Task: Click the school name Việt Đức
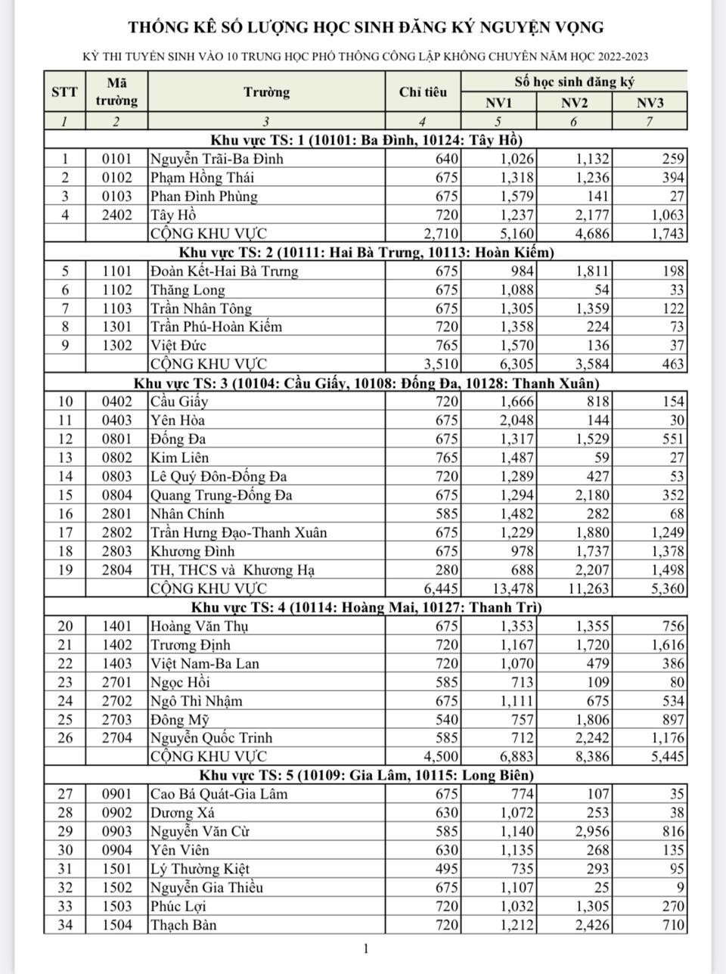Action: point(178,346)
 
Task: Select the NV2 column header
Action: point(574,103)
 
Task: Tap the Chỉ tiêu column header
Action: point(423,92)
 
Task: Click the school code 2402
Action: point(116,215)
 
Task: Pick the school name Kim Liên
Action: point(179,458)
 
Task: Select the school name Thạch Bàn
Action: point(184,925)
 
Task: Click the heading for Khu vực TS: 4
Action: point(366,607)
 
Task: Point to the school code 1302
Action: point(116,346)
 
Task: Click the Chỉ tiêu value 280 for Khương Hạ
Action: point(447,570)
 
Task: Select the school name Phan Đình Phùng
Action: point(204,197)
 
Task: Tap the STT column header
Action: point(64,92)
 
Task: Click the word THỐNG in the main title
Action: point(161,28)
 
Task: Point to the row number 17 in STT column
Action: point(64,532)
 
